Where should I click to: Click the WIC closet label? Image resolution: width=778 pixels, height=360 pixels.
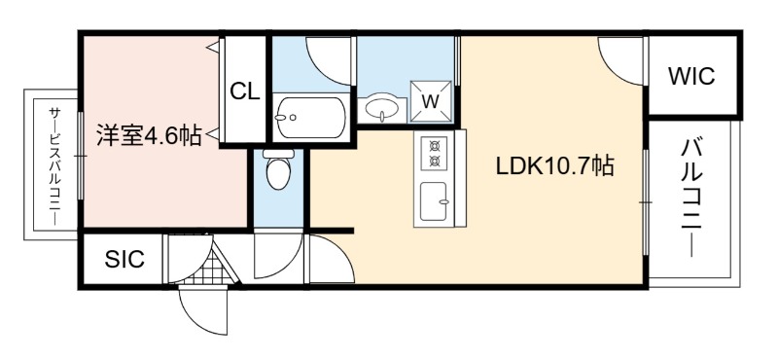[x=691, y=77]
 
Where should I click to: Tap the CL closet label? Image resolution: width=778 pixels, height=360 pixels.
[x=245, y=91]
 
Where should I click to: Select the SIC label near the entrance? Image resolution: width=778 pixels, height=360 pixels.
[x=124, y=259]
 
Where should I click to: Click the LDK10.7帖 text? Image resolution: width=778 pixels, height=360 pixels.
[x=554, y=166]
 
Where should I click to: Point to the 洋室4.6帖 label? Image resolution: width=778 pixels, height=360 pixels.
[x=149, y=134]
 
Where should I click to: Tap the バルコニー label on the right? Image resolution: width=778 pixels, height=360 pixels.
[x=692, y=198]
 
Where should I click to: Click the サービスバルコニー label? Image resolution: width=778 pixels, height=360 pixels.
[x=54, y=166]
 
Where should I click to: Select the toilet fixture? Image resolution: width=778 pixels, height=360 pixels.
[x=278, y=169]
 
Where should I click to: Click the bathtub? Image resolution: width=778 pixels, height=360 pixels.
[x=311, y=118]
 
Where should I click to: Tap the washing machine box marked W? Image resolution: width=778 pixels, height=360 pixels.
[x=431, y=101]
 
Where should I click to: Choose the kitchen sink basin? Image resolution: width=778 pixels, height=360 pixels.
[x=434, y=201]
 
